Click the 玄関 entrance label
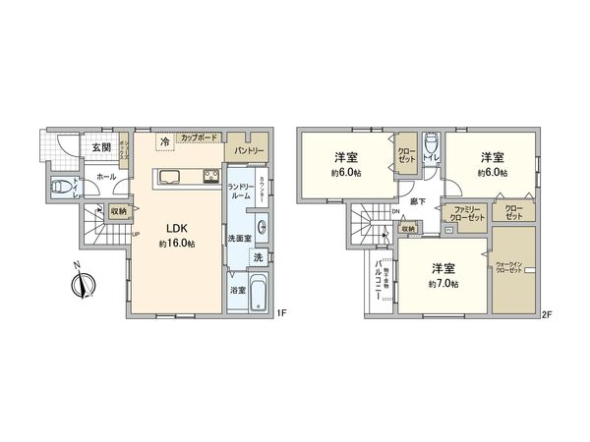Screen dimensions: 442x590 click(x=101, y=147)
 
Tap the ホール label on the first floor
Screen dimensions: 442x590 click(x=106, y=176)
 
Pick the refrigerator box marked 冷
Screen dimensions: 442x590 click(x=164, y=142)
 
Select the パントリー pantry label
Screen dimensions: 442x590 click(x=248, y=151)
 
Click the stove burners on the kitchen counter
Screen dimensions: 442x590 click(x=210, y=177)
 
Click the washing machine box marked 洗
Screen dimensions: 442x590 click(x=257, y=257)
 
